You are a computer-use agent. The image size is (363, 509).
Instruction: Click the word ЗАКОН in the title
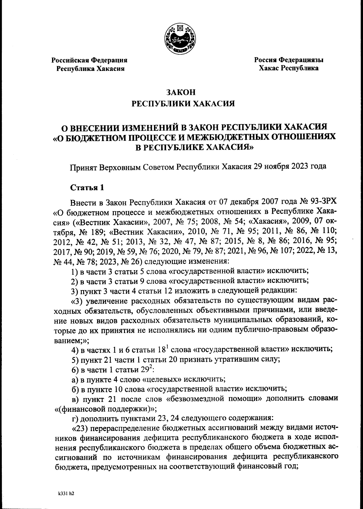pos(181,92)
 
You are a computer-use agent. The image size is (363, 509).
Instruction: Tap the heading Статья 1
pos(87,187)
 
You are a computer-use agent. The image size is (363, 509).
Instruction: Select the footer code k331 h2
pos(66,494)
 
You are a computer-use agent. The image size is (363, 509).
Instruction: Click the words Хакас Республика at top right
pos(288,68)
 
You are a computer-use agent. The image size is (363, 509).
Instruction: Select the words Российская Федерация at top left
pos(90,60)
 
